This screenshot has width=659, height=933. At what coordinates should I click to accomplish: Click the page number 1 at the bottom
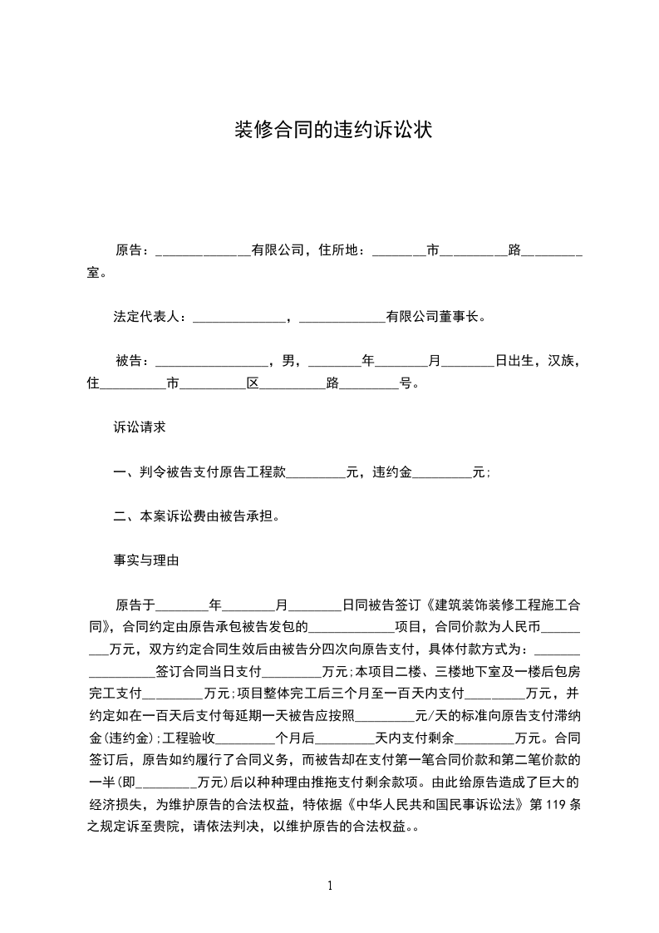pyautogui.click(x=330, y=886)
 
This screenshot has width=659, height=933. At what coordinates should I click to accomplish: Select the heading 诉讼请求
pyautogui.click(x=140, y=427)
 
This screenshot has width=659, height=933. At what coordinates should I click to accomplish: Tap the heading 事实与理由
pyautogui.click(x=146, y=560)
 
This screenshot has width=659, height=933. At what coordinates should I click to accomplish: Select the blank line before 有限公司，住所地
pyautogui.click(x=203, y=250)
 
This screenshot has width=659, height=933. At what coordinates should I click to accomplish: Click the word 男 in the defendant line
pyautogui.click(x=288, y=361)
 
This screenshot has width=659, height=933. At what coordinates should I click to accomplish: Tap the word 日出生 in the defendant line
pyautogui.click(x=514, y=361)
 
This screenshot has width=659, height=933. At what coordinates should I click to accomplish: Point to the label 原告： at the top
pyautogui.click(x=133, y=250)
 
